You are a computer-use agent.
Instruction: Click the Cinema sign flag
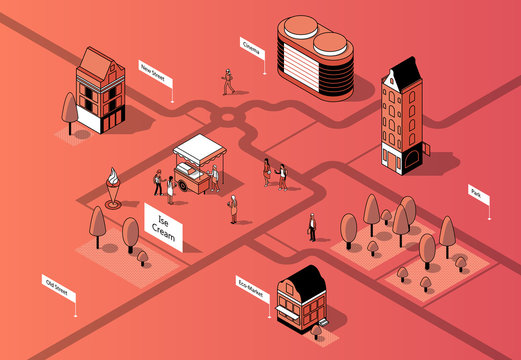(x=253, y=46)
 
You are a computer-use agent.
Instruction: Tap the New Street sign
(x=154, y=72)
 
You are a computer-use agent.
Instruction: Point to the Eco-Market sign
(x=252, y=286)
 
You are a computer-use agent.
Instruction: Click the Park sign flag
(x=478, y=194)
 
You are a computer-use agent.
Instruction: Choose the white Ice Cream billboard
(x=163, y=224)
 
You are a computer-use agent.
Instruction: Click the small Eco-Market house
(x=302, y=297)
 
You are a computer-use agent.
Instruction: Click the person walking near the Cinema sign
(x=228, y=81)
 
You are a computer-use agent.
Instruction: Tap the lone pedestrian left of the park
(x=312, y=227)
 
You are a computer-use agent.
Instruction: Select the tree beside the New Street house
(x=69, y=111)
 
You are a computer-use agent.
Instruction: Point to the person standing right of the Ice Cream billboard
(x=233, y=208)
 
